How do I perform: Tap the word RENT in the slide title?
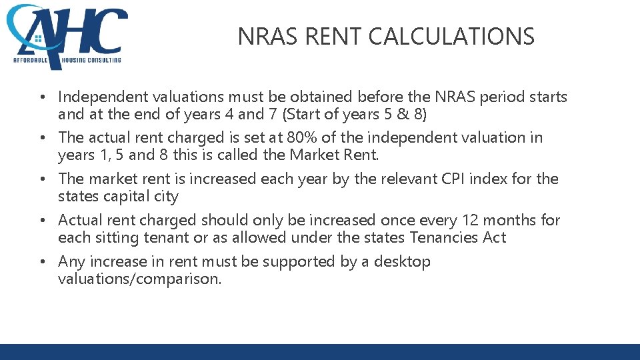point(330,36)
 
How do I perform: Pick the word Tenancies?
point(444,238)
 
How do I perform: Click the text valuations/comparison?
point(139,279)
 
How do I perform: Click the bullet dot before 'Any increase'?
point(42,262)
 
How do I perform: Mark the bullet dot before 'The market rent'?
point(42,179)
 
